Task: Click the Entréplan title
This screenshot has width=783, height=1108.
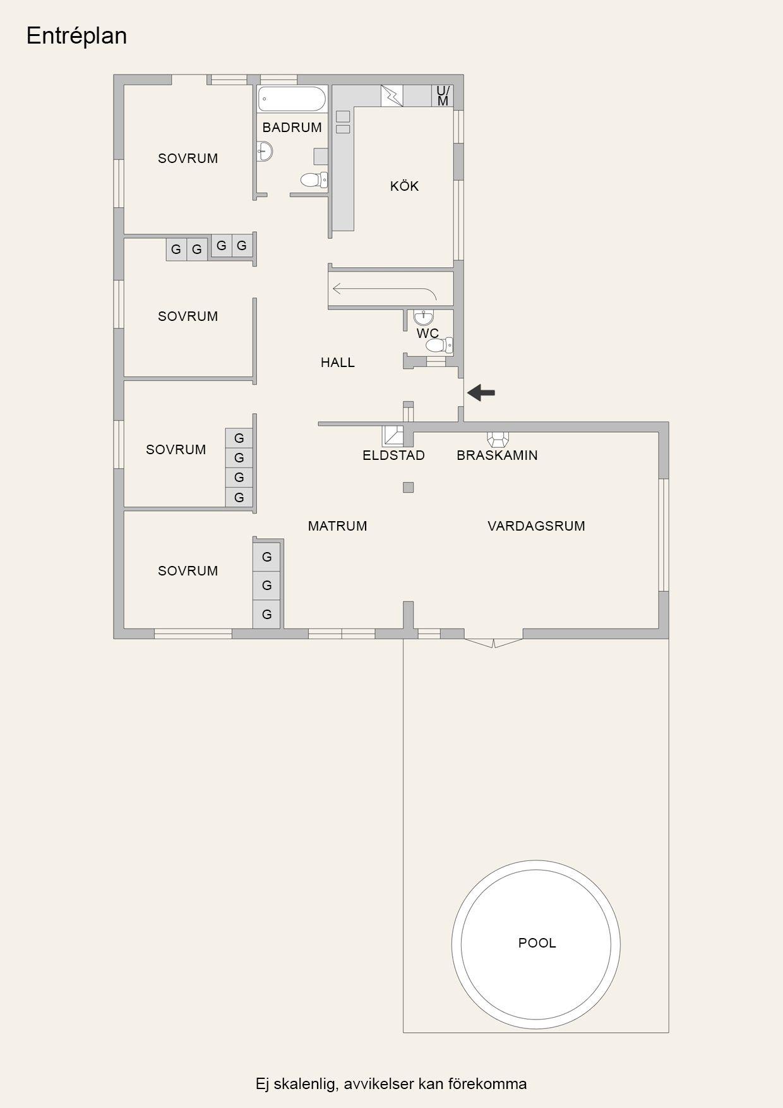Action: [76, 36]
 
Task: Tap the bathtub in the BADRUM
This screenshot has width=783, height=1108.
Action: [292, 99]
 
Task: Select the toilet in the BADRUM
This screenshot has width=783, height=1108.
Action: [314, 180]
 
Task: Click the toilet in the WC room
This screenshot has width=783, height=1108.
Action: [439, 345]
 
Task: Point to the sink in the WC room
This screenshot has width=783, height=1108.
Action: [424, 316]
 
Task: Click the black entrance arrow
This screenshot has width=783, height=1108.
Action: [481, 393]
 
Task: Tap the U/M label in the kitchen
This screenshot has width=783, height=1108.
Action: [443, 96]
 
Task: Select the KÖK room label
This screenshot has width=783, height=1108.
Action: [404, 186]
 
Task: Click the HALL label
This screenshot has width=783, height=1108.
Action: [338, 363]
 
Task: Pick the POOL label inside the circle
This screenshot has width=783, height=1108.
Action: [537, 943]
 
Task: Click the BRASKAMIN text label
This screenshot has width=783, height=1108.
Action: [497, 455]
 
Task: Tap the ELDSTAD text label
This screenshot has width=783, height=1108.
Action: [393, 455]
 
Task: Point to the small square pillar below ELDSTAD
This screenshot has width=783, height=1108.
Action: [409, 487]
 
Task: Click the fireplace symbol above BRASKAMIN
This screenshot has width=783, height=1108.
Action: [498, 439]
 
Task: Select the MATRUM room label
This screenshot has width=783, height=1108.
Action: [338, 526]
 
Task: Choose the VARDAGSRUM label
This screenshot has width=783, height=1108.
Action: [536, 526]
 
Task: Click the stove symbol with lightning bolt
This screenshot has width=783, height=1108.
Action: [391, 96]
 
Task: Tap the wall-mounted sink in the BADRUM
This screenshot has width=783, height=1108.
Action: [265, 152]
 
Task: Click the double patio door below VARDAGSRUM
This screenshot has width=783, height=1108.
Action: [494, 643]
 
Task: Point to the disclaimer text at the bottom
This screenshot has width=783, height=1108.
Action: [391, 1084]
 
